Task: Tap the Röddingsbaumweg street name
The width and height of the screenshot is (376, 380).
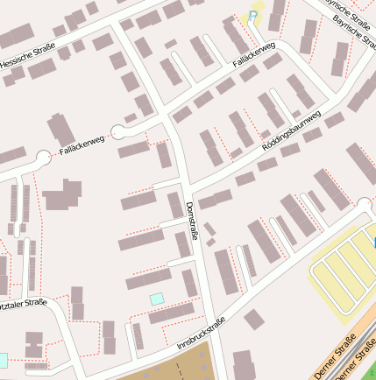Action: click(x=291, y=132)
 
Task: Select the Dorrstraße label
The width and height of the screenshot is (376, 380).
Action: click(x=192, y=220)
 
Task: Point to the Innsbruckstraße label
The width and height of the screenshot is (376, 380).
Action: click(x=201, y=333)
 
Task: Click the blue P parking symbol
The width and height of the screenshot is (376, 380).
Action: click(x=254, y=16)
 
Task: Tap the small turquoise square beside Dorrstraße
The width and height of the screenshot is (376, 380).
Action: click(x=157, y=299)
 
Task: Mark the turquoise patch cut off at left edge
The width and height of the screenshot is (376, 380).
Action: click(x=3, y=360)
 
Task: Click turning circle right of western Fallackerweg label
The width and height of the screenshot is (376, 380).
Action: click(x=117, y=132)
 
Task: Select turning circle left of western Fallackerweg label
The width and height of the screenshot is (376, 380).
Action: click(x=42, y=158)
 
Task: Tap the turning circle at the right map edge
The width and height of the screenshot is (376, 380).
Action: click(x=365, y=205)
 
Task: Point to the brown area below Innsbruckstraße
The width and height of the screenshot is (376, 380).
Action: click(x=175, y=363)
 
